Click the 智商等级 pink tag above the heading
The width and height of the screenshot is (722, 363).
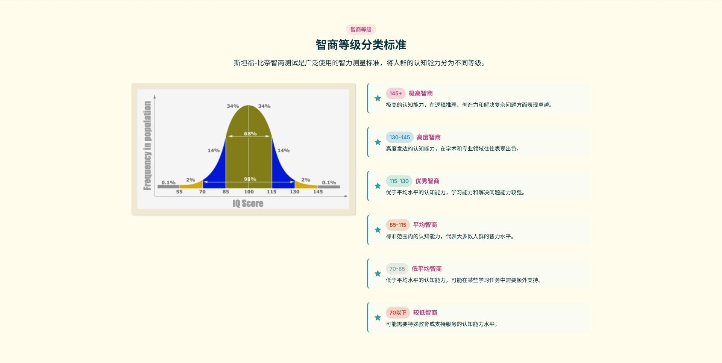click(x=361, y=30)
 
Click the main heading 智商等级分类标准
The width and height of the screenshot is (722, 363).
click(x=361, y=45)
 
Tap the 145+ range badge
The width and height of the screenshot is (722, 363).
click(x=396, y=93)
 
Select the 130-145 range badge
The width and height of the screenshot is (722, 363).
click(x=400, y=137)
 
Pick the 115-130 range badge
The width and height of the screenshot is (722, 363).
click(x=399, y=181)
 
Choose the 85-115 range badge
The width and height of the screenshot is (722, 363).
click(x=398, y=225)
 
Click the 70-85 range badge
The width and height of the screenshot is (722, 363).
click(x=397, y=269)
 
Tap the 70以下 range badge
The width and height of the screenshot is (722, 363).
click(x=398, y=313)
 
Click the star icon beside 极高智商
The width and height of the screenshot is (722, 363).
click(x=378, y=98)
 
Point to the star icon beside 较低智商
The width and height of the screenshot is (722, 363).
click(x=378, y=318)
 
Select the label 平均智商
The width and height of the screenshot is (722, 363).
click(x=425, y=225)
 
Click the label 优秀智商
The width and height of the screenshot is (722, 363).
click(x=428, y=181)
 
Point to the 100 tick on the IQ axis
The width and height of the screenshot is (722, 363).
click(x=249, y=192)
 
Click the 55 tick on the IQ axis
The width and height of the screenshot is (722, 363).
click(x=179, y=192)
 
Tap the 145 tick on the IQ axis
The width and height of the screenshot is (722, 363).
click(x=318, y=192)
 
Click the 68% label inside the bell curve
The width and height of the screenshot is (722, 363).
click(x=250, y=133)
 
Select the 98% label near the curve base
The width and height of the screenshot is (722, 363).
click(x=250, y=179)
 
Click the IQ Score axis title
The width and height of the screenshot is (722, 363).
click(x=248, y=203)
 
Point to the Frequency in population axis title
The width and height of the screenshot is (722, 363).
click(x=147, y=145)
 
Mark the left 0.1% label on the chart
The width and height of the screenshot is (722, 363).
click(x=168, y=182)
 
